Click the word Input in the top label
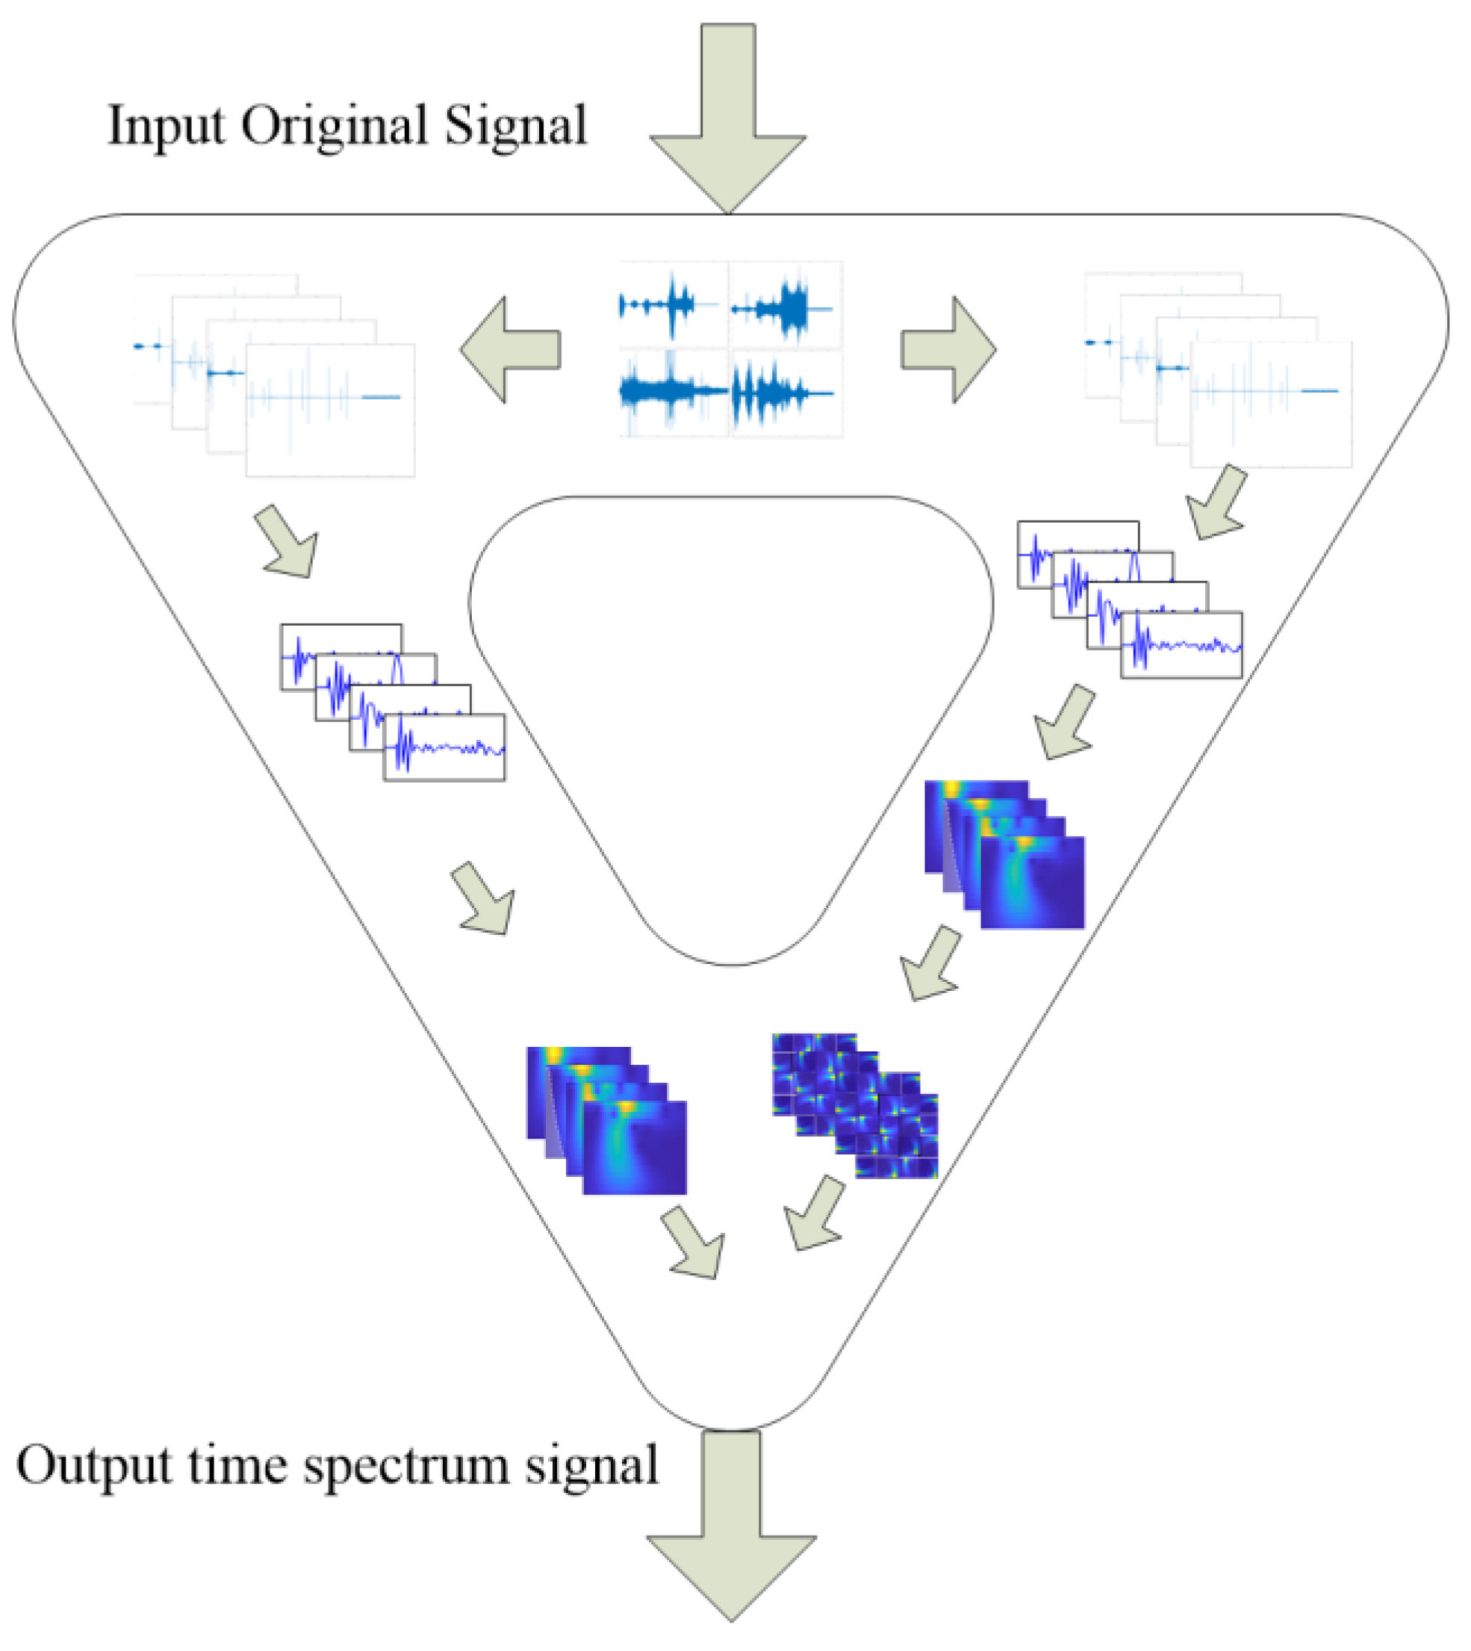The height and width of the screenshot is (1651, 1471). coord(165,128)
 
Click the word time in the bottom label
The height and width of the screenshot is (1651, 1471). coord(237,1465)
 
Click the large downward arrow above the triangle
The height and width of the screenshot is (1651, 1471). coord(727,121)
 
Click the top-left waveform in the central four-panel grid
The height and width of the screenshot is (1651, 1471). coord(673,305)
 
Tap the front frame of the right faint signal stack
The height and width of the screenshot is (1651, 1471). coord(1271,404)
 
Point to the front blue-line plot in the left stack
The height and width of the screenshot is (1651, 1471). coord(444,747)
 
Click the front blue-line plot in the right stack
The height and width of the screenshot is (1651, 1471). coord(1181,645)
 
